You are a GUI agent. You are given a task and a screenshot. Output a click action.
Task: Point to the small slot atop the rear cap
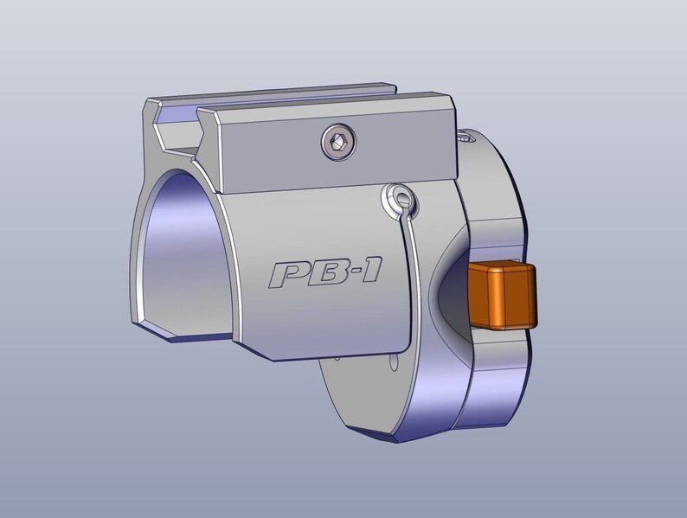coord(467,136)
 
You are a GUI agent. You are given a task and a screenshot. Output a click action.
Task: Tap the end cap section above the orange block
coord(493,199)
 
